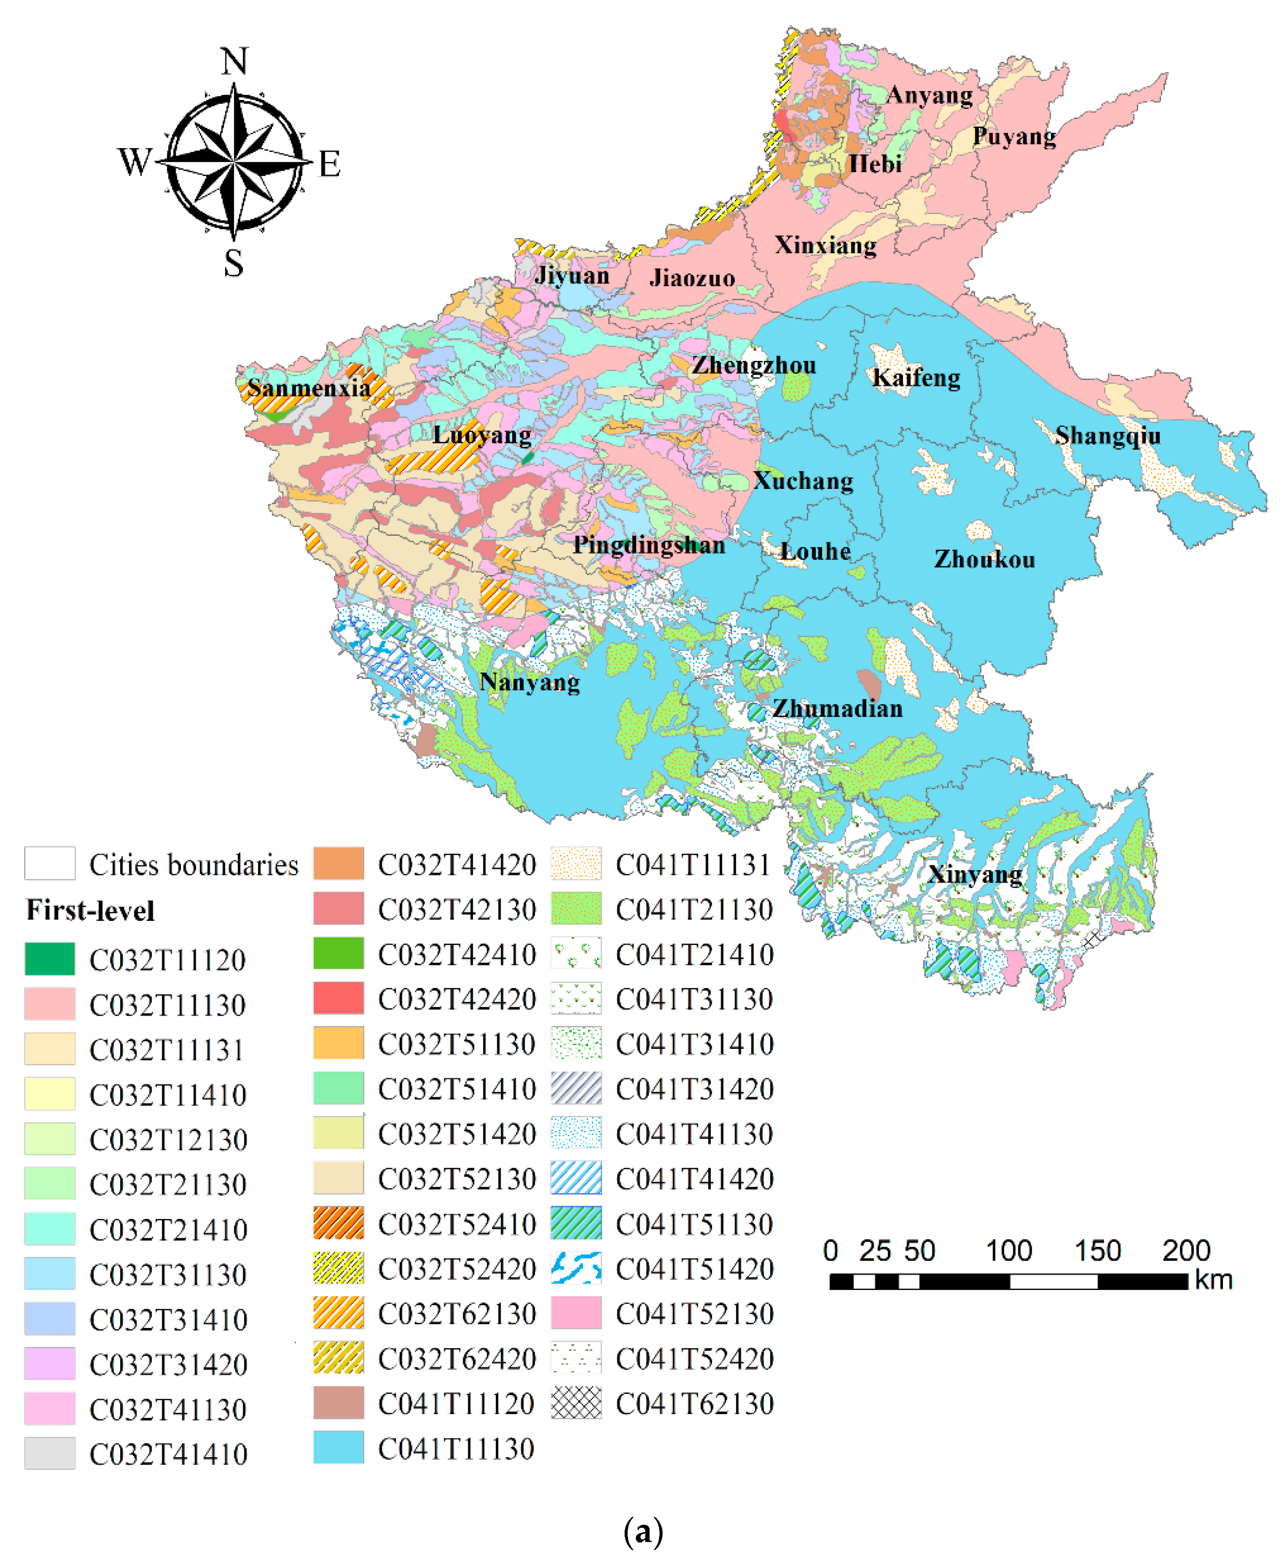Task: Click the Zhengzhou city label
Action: [754, 365]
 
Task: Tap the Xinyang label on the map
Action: [975, 874]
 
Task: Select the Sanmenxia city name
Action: [308, 387]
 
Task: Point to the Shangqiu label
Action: [1108, 435]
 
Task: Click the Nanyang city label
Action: [530, 682]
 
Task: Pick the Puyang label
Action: [1014, 136]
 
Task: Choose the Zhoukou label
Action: [985, 559]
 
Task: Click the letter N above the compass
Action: [234, 61]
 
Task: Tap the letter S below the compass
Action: [234, 263]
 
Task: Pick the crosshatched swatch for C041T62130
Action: [576, 1402]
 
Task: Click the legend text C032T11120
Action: [168, 960]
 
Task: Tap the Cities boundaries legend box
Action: [50, 863]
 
